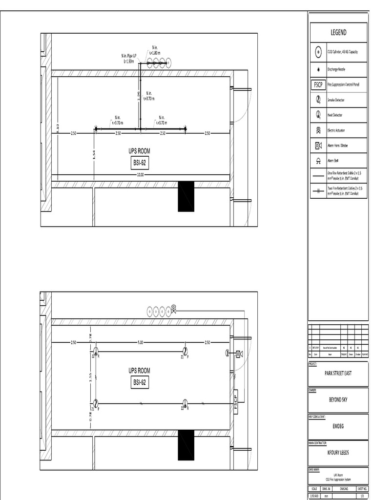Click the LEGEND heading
point(338,33)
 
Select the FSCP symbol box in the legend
point(318,85)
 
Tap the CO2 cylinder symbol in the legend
point(318,52)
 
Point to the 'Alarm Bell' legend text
point(333,161)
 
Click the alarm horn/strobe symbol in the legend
point(318,146)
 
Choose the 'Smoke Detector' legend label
point(336,100)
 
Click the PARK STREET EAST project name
point(338,374)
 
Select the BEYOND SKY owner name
point(338,399)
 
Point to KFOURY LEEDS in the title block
point(338,452)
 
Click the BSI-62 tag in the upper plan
point(139,164)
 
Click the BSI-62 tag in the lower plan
point(139,383)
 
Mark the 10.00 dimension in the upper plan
point(141,174)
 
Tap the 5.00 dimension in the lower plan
point(140,343)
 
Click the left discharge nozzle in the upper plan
point(96,129)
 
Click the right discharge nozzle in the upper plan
point(185,129)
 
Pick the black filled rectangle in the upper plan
point(186,196)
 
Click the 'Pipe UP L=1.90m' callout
point(129,59)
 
